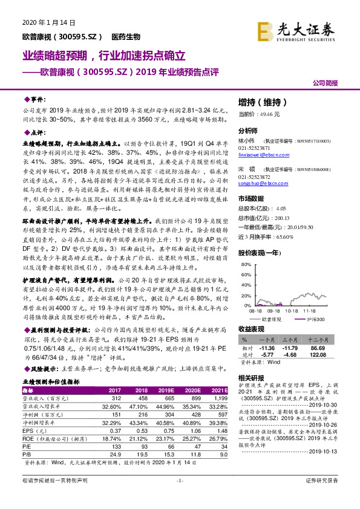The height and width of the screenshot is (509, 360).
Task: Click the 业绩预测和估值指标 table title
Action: coord(51,383)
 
